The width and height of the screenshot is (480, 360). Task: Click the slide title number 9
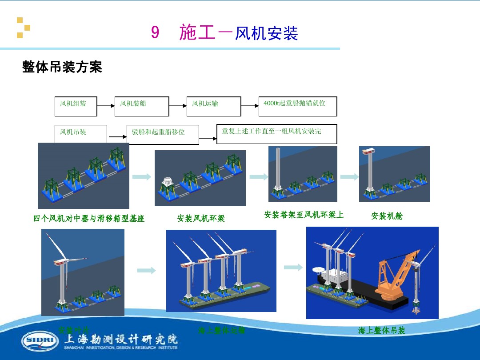155,33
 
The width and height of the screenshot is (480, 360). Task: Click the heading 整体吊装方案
62,67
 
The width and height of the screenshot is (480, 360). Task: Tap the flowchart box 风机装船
141,106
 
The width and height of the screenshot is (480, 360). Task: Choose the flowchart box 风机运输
213,106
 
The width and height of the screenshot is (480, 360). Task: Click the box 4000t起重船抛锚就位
297,106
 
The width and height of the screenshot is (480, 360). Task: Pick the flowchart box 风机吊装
80,134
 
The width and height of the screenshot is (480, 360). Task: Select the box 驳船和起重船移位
163,134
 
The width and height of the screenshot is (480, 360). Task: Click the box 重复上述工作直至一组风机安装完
276,133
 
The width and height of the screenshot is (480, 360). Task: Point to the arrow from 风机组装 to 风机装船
106,106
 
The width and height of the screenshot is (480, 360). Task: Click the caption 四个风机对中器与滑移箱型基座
89,219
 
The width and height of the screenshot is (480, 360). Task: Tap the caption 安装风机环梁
201,219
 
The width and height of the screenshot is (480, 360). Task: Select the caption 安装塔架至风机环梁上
304,215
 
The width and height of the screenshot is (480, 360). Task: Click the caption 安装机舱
387,216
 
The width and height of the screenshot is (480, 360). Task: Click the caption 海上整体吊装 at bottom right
382,331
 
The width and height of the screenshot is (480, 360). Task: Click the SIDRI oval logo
40,340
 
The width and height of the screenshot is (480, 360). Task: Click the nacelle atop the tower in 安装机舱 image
368,152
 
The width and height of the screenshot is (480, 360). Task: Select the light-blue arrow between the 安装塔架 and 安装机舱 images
349,177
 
